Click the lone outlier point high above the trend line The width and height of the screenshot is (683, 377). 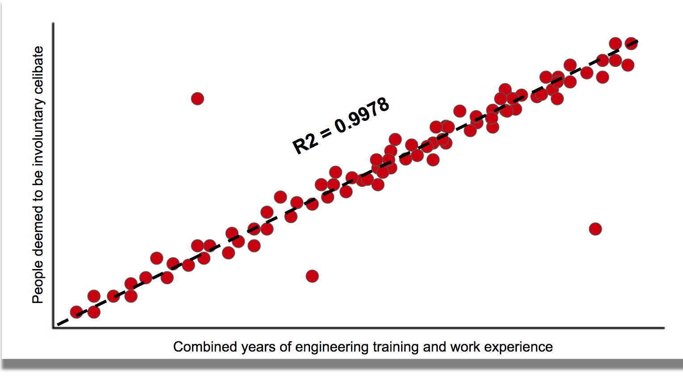tap(197, 99)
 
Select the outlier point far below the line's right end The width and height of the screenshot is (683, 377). tap(595, 229)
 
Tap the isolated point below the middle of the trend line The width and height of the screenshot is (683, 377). tap(312, 276)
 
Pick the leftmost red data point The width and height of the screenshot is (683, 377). tap(76, 312)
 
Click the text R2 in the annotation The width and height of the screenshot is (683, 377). tap(305, 144)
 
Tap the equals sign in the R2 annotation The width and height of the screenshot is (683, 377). tap(326, 133)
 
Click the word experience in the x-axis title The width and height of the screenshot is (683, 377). tap(518, 347)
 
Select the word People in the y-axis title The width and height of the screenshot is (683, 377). tap(38, 282)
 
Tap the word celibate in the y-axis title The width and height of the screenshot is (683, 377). tap(38, 70)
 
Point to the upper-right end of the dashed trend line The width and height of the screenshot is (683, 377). tap(637, 41)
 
